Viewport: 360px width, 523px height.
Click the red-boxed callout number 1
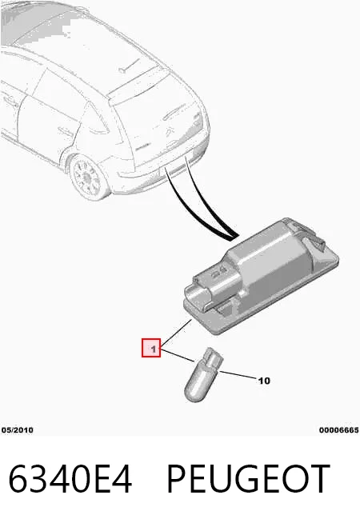click(x=151, y=348)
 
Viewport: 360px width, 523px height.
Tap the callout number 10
click(x=264, y=381)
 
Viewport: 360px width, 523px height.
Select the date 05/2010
click(x=18, y=430)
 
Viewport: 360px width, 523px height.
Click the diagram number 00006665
click(x=339, y=430)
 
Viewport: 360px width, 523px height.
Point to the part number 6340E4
click(x=70, y=479)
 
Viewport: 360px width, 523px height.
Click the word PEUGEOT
click(x=248, y=479)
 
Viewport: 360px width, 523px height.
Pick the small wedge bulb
click(x=202, y=375)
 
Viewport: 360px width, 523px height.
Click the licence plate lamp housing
click(x=261, y=276)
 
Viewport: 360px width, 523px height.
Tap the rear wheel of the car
click(x=87, y=177)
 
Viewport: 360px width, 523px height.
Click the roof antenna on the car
click(x=129, y=66)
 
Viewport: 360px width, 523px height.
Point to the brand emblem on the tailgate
click(x=169, y=134)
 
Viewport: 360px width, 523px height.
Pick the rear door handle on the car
click(x=63, y=130)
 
